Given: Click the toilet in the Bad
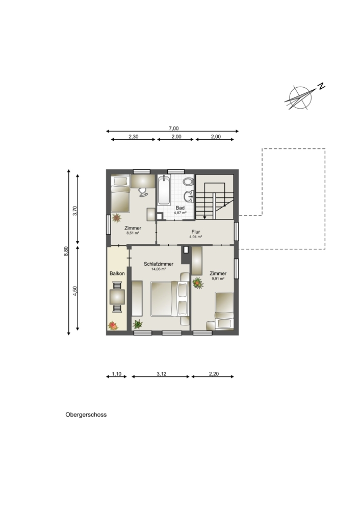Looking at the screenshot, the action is point(187,182).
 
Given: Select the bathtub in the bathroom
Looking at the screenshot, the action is point(164,190).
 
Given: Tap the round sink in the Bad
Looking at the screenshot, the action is point(188,196).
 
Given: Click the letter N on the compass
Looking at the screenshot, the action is point(321,87).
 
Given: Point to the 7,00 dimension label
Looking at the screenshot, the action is point(174,129).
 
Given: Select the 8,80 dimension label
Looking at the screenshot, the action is point(66,251).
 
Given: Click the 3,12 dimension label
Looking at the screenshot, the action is point(161,374).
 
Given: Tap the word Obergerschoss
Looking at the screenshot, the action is point(86,415).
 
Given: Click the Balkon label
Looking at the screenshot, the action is point(117,273).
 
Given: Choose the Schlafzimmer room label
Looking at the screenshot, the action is point(159,264).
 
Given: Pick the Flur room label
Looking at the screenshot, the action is point(195,232).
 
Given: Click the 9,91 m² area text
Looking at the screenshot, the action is point(218,279).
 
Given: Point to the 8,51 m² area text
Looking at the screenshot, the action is point(133,233).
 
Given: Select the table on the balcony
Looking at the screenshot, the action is point(117,297).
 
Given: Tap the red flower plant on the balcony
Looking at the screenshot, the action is point(113,325).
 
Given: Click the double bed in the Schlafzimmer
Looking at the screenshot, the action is point(169,299).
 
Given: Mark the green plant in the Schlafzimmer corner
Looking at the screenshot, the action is point(138,324).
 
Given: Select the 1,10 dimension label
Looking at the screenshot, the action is point(116,374).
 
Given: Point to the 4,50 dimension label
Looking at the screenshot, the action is point(75,291).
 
